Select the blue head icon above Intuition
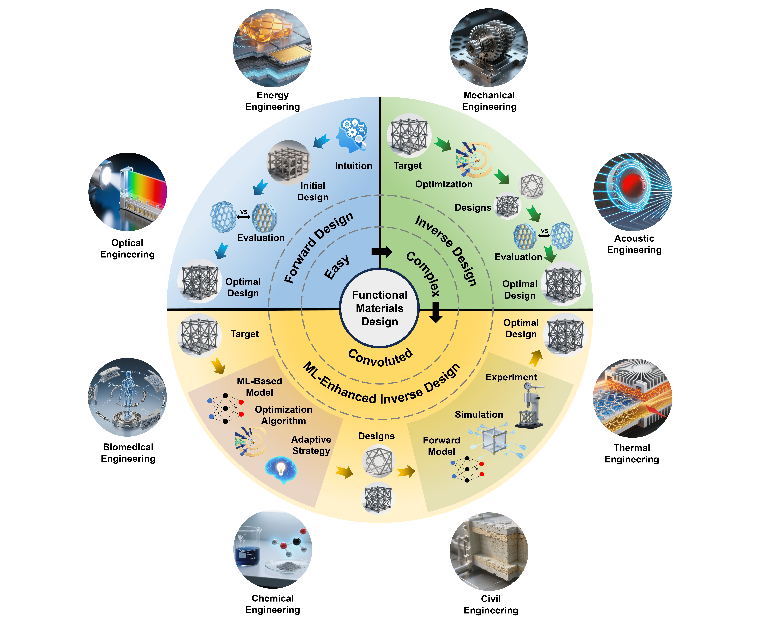(x=352, y=135)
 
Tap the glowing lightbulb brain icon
(x=281, y=469)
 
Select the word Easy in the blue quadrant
(x=337, y=267)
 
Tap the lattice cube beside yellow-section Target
(x=199, y=335)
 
